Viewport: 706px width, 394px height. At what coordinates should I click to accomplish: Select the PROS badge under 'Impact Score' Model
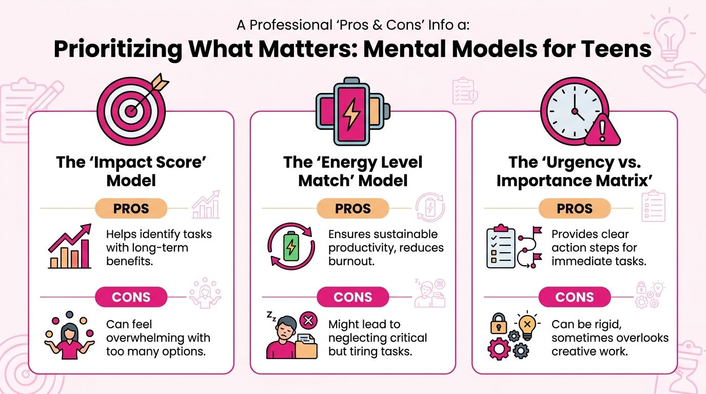[131, 208]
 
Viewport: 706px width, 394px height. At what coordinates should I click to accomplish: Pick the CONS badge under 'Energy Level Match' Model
[352, 297]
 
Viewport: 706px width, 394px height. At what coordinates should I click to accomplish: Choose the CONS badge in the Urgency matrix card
[575, 297]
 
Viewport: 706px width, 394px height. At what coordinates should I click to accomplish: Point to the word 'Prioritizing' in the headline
[117, 49]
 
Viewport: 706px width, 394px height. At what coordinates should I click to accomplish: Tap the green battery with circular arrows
[290, 247]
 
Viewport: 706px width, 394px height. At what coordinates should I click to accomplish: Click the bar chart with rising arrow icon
[70, 247]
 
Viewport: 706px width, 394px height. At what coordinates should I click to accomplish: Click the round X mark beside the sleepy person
[308, 321]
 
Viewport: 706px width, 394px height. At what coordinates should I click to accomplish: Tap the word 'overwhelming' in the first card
[158, 338]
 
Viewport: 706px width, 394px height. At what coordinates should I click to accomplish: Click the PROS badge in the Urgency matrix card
[575, 208]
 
